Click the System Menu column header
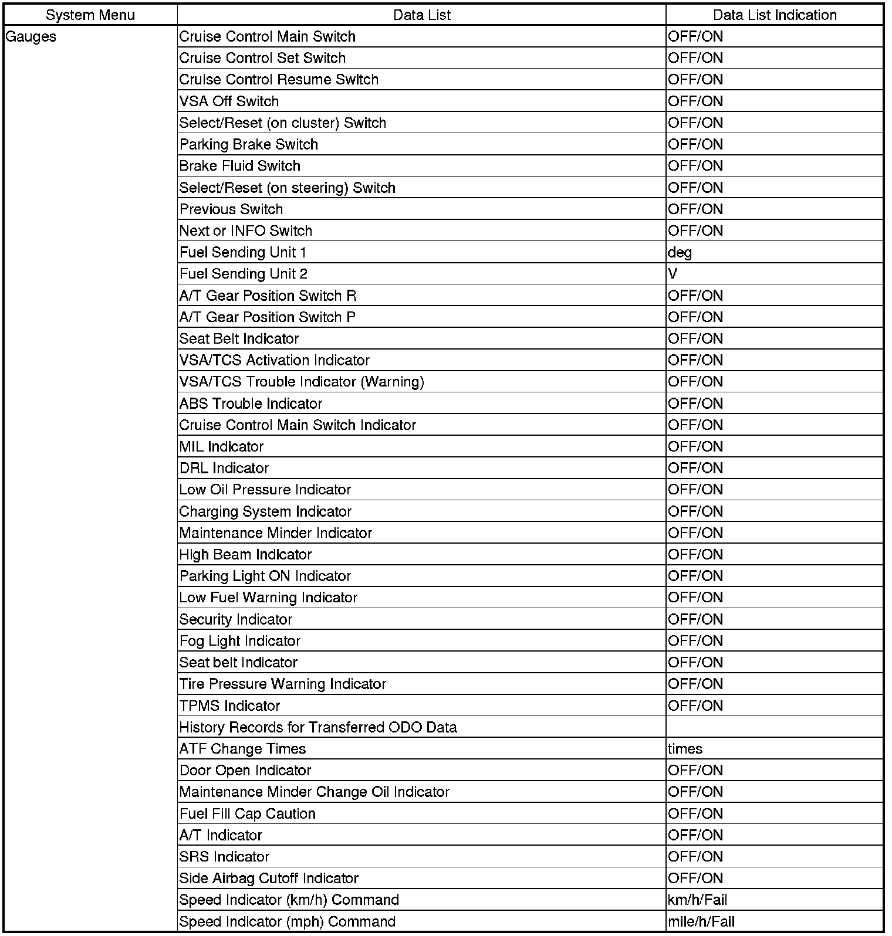click(90, 15)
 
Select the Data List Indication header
click(775, 15)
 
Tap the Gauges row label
click(31, 37)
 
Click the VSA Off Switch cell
click(229, 101)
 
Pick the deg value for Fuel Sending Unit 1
click(680, 253)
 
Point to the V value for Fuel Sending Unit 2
click(673, 274)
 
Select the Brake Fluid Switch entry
click(239, 166)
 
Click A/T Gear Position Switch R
click(268, 296)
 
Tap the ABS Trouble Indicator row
click(251, 403)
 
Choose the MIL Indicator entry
click(221, 447)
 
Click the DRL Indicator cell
click(224, 468)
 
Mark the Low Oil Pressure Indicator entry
click(265, 490)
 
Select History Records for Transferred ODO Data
click(317, 728)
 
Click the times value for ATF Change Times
click(685, 749)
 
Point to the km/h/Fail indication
click(697, 900)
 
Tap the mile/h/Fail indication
click(701, 922)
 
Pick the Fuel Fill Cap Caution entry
click(247, 814)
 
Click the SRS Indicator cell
click(224, 857)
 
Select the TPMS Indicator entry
click(229, 706)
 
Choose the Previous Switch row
click(231, 209)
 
